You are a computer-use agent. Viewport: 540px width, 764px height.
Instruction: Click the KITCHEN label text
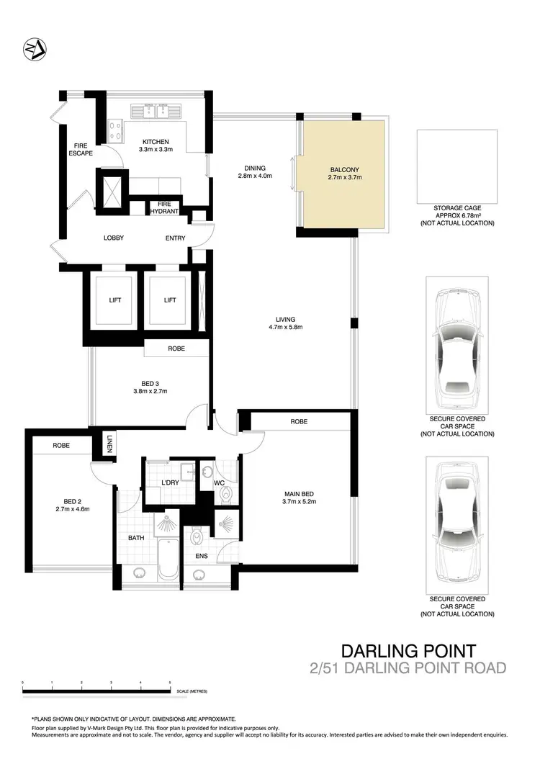tap(156, 142)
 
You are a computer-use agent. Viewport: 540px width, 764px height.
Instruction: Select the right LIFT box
tap(169, 300)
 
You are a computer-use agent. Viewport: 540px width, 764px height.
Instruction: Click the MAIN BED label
tap(300, 493)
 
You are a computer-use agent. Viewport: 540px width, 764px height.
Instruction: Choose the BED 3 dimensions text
tap(150, 391)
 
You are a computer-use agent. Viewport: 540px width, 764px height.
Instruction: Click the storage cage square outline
tap(456, 166)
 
